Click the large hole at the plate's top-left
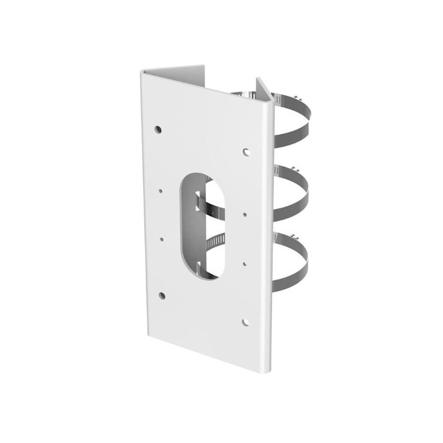coord(158,129)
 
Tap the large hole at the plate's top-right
coord(245,151)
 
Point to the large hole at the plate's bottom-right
coord(245,321)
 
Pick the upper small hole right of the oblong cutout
coord(244,212)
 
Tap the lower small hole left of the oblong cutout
coord(162,239)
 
